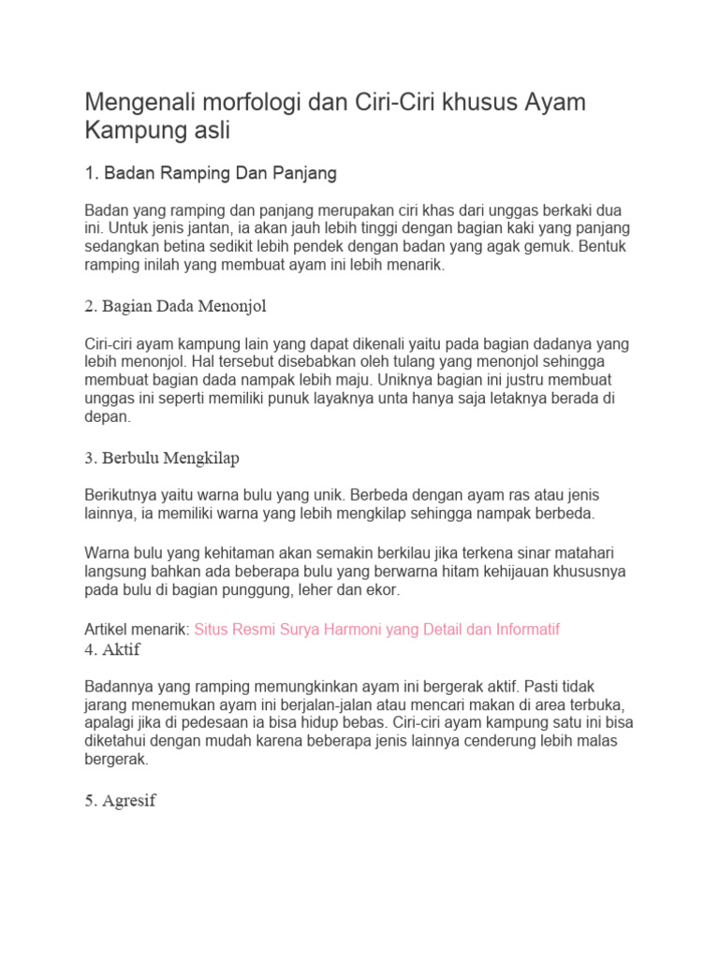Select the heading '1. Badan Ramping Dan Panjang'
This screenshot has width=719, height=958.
[211, 173]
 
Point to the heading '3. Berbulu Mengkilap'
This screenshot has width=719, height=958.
[161, 457]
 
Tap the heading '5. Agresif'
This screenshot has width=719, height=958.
[120, 801]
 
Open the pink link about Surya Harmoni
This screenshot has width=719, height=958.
[376, 630]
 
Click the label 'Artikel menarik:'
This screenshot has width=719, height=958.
[137, 630]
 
